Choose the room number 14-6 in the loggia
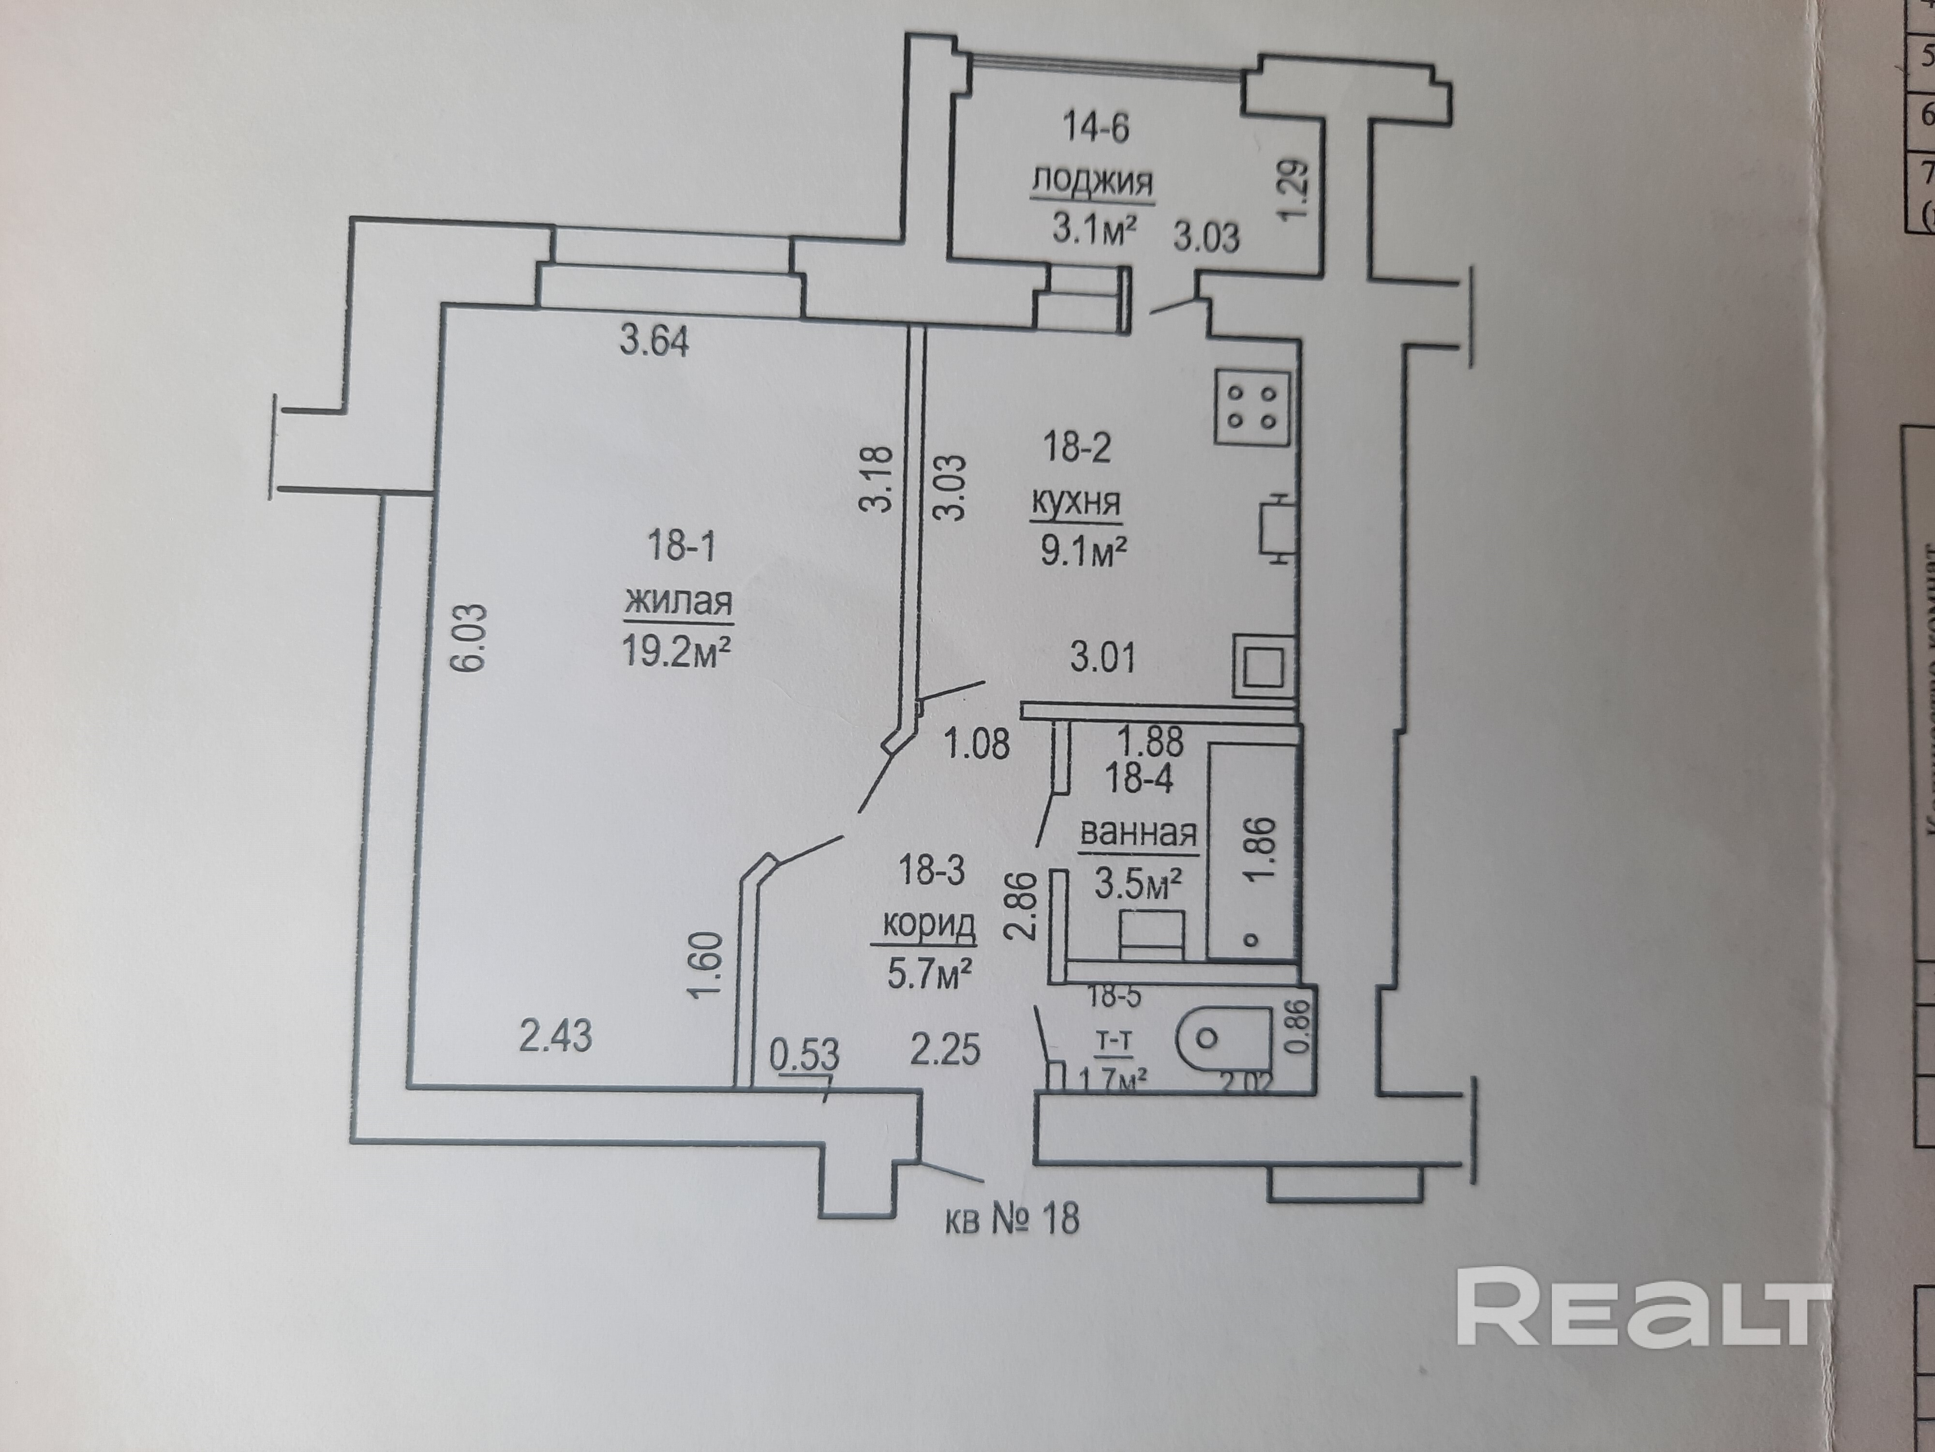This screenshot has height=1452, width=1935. coord(1095,128)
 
